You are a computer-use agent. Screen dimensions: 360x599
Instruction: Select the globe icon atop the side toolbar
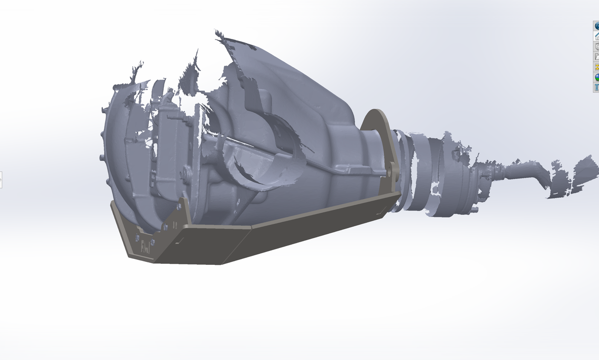click(x=596, y=26)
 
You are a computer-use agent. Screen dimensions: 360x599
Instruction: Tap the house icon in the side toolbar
click(x=596, y=36)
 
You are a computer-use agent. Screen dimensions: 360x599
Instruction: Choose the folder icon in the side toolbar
click(x=596, y=57)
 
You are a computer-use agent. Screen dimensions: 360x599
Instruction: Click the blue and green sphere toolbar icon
click(x=596, y=77)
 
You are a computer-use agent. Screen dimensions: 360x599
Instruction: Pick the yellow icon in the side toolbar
click(x=596, y=67)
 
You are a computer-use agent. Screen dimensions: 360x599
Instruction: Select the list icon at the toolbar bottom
click(x=596, y=88)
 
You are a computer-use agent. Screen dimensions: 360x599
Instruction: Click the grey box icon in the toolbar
click(x=596, y=47)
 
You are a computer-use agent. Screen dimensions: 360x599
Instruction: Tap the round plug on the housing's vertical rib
click(x=187, y=173)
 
